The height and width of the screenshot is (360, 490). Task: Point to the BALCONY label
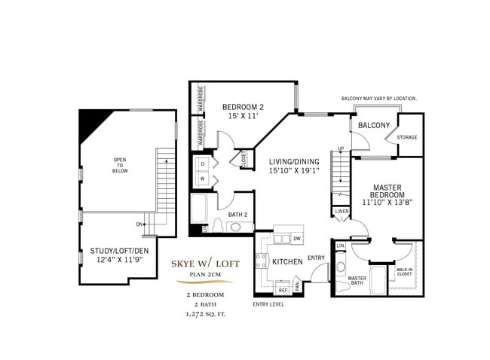pyautogui.click(x=373, y=125)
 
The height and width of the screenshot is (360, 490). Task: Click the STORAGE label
pyautogui.click(x=407, y=137)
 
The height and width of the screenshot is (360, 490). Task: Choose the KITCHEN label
pyautogui.click(x=287, y=261)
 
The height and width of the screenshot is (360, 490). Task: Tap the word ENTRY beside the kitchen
pyautogui.click(x=317, y=259)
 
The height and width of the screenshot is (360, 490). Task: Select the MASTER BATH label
pyautogui.click(x=357, y=281)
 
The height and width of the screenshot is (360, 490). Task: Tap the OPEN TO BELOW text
pyautogui.click(x=121, y=166)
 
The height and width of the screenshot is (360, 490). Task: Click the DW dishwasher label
pyautogui.click(x=296, y=239)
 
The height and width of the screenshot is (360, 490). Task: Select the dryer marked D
pyautogui.click(x=203, y=163)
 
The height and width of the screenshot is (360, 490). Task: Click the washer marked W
pyautogui.click(x=203, y=178)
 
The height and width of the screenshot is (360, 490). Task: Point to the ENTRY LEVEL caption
pyautogui.click(x=268, y=304)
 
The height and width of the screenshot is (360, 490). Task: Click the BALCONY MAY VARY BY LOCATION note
pyautogui.click(x=379, y=99)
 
